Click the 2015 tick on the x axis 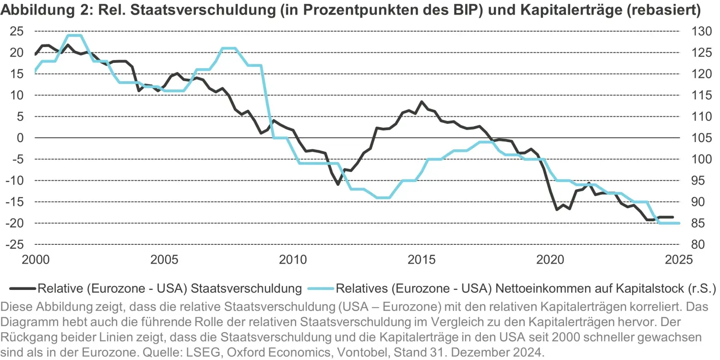click(421, 260)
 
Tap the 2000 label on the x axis click(36, 260)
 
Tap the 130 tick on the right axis click(695, 32)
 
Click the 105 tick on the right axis click(695, 138)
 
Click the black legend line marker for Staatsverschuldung click(22, 288)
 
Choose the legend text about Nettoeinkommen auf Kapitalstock click(526, 288)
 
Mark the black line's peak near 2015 click(421, 102)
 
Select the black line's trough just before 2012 click(338, 184)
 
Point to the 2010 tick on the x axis click(293, 260)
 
